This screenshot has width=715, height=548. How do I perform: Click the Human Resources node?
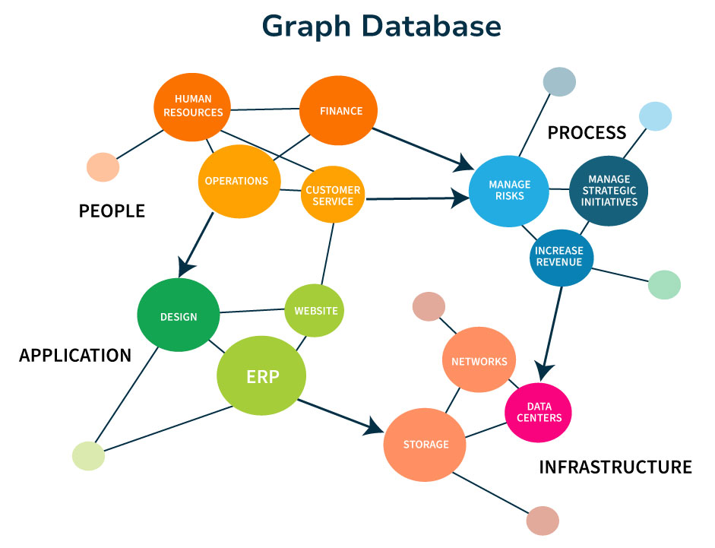tap(193, 106)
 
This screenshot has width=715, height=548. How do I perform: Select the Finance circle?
tap(340, 111)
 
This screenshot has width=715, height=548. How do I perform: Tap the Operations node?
tap(236, 181)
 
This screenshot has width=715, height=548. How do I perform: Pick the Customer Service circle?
tap(334, 195)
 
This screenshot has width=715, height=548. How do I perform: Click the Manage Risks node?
tap(509, 191)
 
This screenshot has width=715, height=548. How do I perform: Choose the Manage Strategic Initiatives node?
tap(609, 191)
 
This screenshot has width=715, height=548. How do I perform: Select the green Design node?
tap(179, 316)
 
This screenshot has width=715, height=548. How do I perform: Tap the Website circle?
tap(315, 310)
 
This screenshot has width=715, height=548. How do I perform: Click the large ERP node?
tap(262, 376)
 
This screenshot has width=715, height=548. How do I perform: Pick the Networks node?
tap(479, 361)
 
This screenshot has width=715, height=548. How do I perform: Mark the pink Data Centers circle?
tap(538, 412)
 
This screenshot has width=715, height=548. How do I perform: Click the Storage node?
tap(426, 445)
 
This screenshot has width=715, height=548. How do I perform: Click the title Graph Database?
tap(381, 27)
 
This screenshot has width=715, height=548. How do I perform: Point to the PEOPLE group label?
tap(112, 211)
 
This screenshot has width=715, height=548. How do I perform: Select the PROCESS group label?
tap(587, 133)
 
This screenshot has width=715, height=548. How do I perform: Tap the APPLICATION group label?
tap(75, 355)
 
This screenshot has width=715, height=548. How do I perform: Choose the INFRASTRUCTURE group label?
tap(615, 467)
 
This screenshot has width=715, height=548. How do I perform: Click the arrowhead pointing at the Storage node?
tap(374, 426)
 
